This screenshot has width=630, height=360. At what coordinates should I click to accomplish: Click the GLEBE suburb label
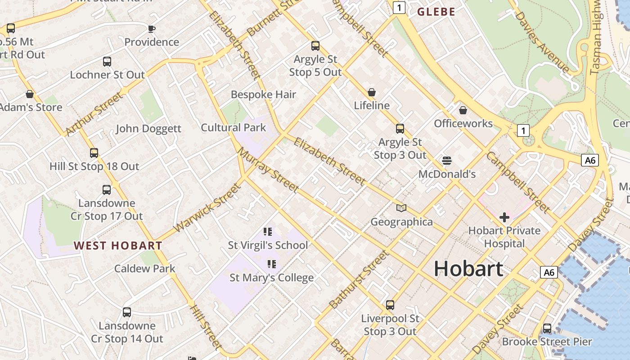pyautogui.click(x=436, y=12)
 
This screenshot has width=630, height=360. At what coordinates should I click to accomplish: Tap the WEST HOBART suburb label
pyautogui.click(x=118, y=246)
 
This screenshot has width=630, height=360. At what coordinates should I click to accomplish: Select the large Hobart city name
pyautogui.click(x=468, y=269)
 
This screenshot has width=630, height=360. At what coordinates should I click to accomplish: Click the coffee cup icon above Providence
pyautogui.click(x=152, y=29)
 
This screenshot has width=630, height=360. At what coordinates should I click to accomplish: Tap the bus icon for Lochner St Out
pyautogui.click(x=107, y=62)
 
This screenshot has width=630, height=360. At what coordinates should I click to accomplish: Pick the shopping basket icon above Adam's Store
pyautogui.click(x=30, y=94)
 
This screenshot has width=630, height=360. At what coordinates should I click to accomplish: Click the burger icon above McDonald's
pyautogui.click(x=447, y=161)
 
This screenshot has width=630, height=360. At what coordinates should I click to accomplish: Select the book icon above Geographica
pyautogui.click(x=401, y=208)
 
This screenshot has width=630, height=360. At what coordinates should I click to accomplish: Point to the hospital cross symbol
pyautogui.click(x=504, y=218)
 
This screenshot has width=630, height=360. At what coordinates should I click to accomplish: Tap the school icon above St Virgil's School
pyautogui.click(x=268, y=232)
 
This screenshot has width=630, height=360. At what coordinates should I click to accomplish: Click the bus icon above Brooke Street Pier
pyautogui.click(x=547, y=328)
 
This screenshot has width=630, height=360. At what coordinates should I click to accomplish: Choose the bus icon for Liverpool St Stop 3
pyautogui.click(x=390, y=305)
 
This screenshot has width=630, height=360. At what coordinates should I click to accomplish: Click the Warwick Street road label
pyautogui.click(x=207, y=208)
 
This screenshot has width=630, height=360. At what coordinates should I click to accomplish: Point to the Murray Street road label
pyautogui.click(x=268, y=170)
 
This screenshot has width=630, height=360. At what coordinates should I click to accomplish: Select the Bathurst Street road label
pyautogui.click(x=359, y=279)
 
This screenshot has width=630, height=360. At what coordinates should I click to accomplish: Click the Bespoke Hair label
pyautogui.click(x=263, y=94)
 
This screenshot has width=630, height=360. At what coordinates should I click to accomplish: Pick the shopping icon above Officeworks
pyautogui.click(x=463, y=110)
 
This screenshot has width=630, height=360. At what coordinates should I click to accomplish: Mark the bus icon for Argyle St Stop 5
pyautogui.click(x=315, y=46)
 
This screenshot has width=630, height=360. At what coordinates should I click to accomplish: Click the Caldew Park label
pyautogui.click(x=144, y=269)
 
